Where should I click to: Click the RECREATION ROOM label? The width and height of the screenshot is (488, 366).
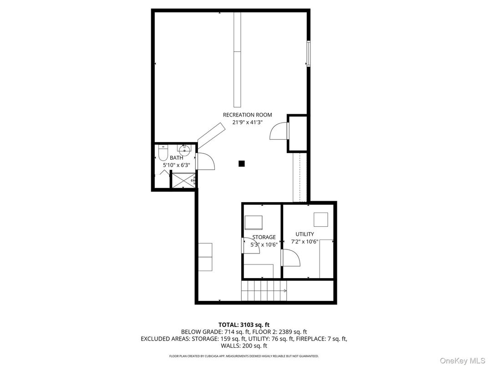pyautogui.click(x=248, y=115)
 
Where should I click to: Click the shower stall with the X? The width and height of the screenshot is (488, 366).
pyautogui.click(x=183, y=180)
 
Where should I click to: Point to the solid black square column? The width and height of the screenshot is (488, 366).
pyautogui.click(x=242, y=163)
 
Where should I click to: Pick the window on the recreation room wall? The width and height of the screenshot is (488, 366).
pyautogui.click(x=309, y=54)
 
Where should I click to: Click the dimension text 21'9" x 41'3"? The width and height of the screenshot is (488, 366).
pyautogui.click(x=248, y=122)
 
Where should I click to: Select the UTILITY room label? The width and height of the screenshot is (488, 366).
pyautogui.click(x=305, y=234)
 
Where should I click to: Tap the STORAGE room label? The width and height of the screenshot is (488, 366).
pyautogui.click(x=264, y=237)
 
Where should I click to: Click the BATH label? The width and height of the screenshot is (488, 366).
pyautogui.click(x=177, y=158)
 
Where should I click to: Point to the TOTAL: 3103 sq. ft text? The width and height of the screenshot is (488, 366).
pyautogui.click(x=244, y=325)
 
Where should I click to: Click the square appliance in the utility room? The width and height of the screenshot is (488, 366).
pyautogui.click(x=320, y=219)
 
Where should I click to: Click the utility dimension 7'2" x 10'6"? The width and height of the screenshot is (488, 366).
pyautogui.click(x=305, y=242)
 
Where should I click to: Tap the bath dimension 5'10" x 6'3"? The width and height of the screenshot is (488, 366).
pyautogui.click(x=177, y=165)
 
